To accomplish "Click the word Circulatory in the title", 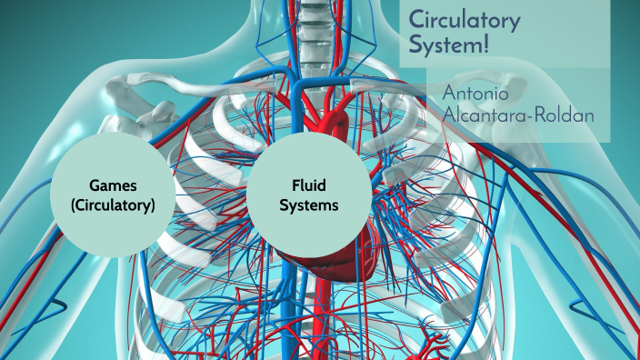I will pyautogui.click(x=464, y=19).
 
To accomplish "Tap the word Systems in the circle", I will pyautogui.click(x=309, y=205).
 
